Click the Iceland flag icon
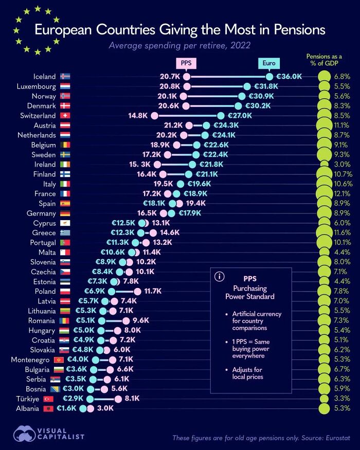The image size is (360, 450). (x=65, y=77)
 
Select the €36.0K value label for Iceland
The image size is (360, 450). (x=289, y=77)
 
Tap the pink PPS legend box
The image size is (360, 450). (x=186, y=63)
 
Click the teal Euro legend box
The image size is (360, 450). (x=268, y=63)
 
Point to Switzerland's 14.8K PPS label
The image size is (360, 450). (x=138, y=116)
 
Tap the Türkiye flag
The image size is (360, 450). (x=48, y=399)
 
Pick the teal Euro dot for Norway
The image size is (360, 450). (x=242, y=96)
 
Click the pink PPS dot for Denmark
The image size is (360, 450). (x=188, y=106)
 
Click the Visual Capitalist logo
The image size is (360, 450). (x=49, y=433)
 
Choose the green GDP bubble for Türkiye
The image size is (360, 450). (x=324, y=399)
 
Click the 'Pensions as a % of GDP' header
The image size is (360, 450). (x=324, y=60)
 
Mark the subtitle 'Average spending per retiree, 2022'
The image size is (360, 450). (x=179, y=46)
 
